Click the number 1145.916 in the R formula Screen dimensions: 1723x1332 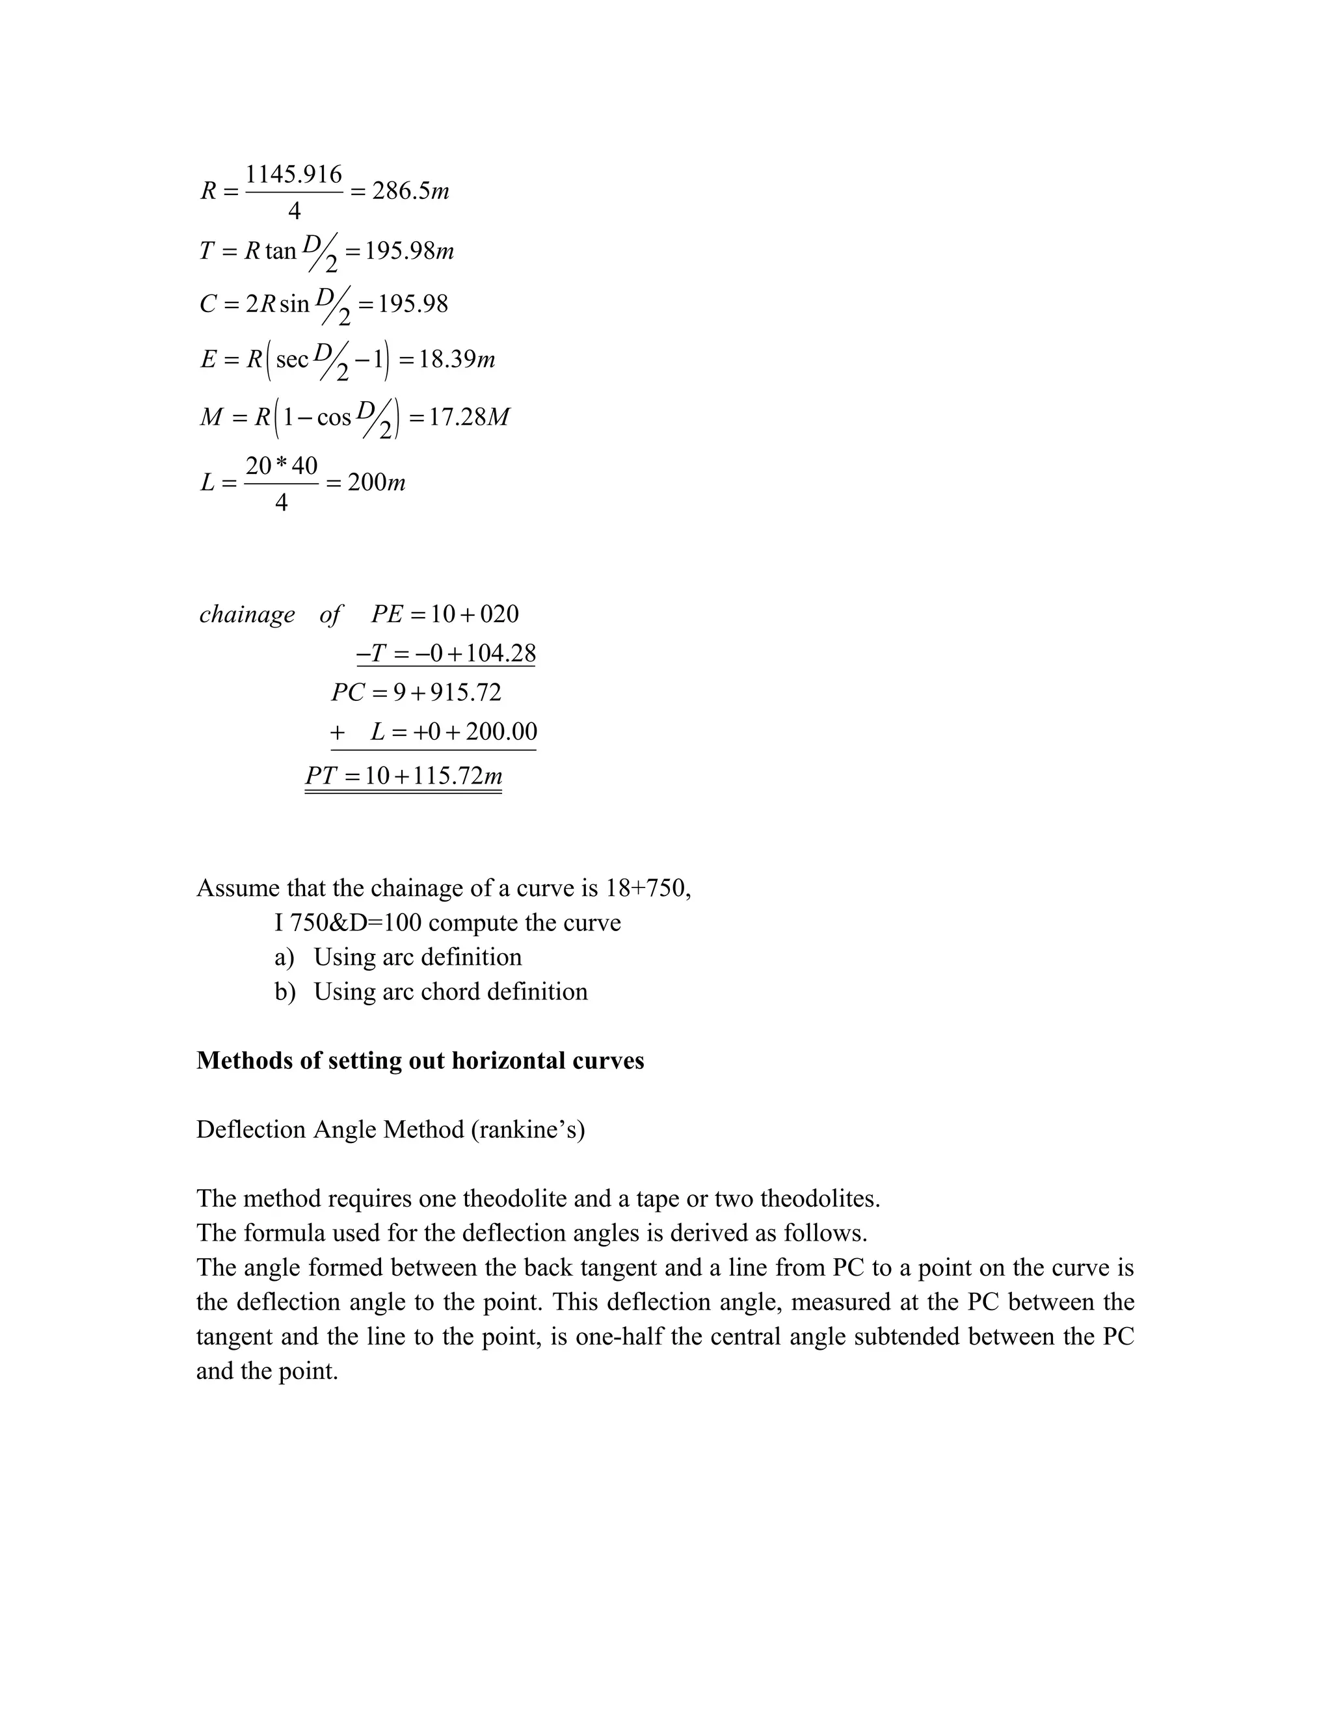pyautogui.click(x=293, y=174)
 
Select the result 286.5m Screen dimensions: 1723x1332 pyautogui.click(x=410, y=191)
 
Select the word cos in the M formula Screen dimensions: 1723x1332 pyautogui.click(x=334, y=417)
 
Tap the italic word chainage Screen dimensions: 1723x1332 pyautogui.click(x=247, y=614)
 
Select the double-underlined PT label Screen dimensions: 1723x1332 pyautogui.click(x=321, y=776)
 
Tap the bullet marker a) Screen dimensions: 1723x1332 pyautogui.click(x=284, y=957)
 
